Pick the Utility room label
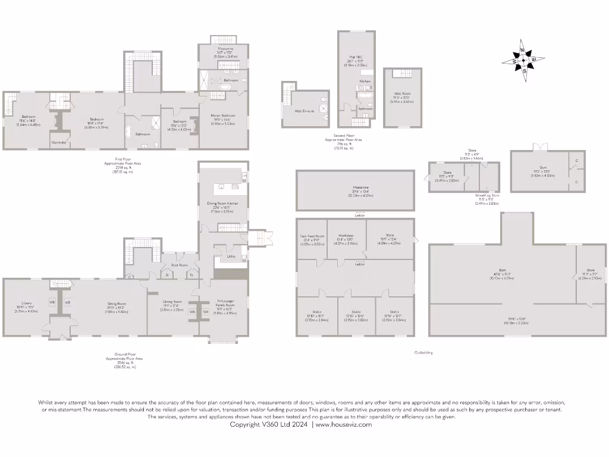(231, 256)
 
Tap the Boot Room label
(179, 265)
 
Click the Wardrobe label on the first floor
(58, 143)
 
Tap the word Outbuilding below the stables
(423, 352)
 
